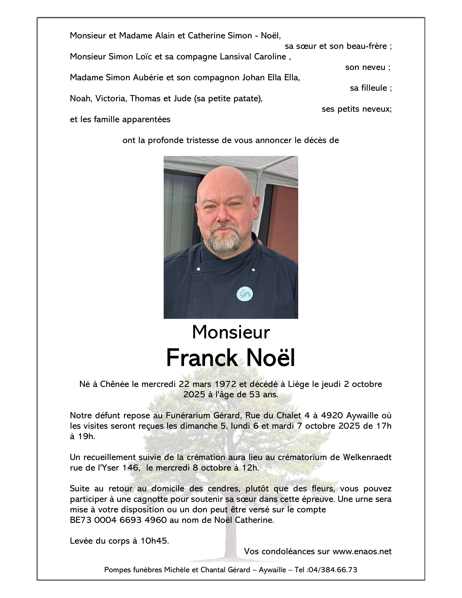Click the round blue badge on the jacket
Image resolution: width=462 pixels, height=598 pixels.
tap(245, 294)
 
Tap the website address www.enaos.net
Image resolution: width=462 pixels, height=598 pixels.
tap(362, 551)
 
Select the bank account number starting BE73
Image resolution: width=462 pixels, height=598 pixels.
tap(118, 520)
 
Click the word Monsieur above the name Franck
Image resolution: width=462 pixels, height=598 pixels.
tap(231, 332)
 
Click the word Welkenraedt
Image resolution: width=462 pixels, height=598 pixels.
tap(367, 457)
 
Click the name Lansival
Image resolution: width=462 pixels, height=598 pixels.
tap(237, 56)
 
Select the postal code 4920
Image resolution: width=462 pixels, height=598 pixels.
tap(332, 415)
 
